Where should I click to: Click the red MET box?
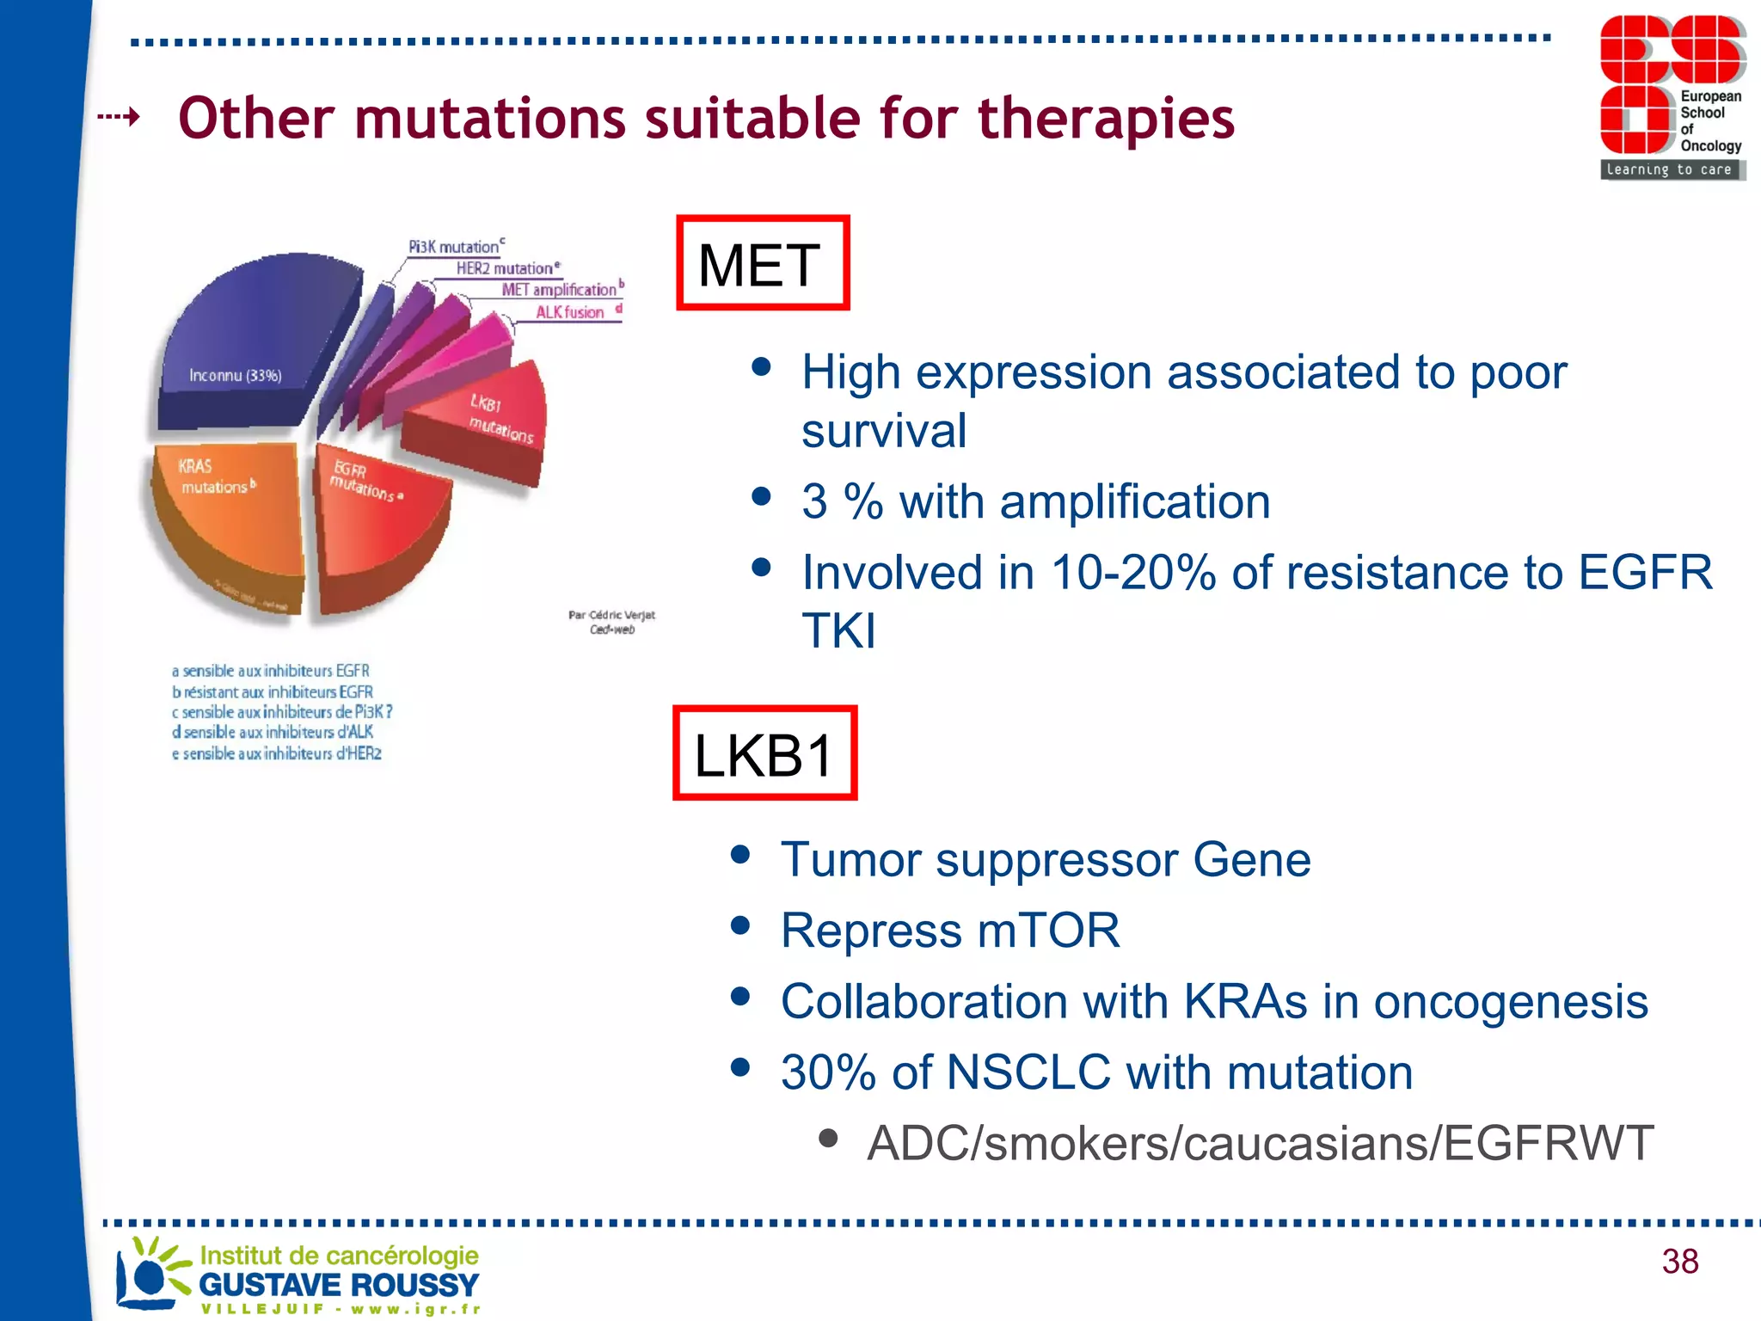763,263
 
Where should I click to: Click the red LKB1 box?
764,753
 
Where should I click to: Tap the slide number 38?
1679,1261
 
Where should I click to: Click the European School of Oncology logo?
1672,97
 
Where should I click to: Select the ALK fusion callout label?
570,312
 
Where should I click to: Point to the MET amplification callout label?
560,290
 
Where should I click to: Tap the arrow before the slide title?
119,116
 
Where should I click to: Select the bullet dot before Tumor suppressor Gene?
740,855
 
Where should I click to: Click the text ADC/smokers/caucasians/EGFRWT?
1260,1143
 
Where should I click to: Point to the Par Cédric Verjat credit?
611,621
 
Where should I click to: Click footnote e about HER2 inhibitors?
277,753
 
